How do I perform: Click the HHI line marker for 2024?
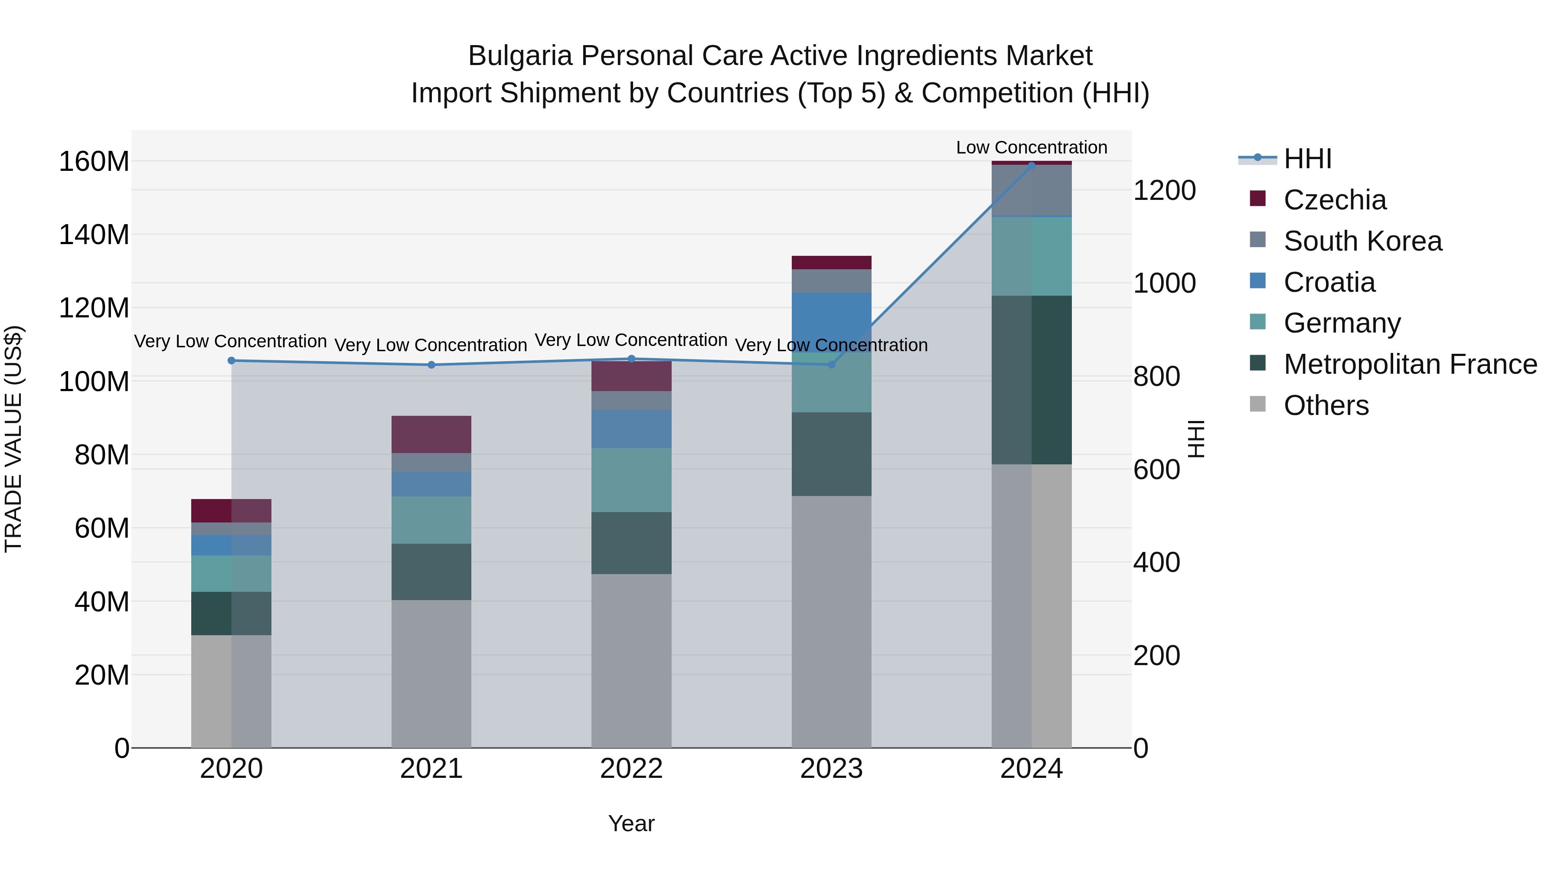[1032, 166]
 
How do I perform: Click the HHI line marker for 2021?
[431, 365]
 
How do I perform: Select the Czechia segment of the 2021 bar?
[431, 434]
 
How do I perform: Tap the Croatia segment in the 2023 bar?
[831, 322]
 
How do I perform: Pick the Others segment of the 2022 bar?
[631, 660]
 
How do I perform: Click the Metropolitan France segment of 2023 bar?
[831, 454]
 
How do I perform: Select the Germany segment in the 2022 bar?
[631, 480]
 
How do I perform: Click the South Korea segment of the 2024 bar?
[1032, 190]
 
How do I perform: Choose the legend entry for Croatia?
[1329, 282]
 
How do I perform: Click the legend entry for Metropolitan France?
[1410, 364]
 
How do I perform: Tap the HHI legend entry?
[1307, 159]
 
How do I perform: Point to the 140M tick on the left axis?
[94, 235]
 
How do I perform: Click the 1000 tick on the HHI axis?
[1164, 283]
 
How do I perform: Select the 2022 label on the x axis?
[631, 768]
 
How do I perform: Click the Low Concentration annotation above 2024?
[1032, 147]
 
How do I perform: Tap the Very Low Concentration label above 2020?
[230, 341]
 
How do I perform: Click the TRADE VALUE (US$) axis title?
[13, 439]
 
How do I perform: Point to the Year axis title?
[631, 823]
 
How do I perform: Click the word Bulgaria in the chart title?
[520, 56]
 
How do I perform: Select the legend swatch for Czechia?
[1257, 198]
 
